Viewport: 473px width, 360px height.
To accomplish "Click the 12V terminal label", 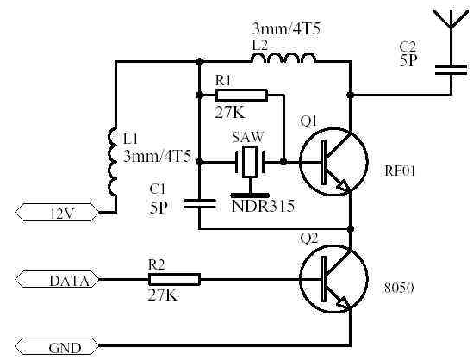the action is pyautogui.click(x=58, y=213).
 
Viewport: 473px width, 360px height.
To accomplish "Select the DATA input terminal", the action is pyautogui.click(x=58, y=280).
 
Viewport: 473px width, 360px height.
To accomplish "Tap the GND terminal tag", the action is pyautogui.click(x=58, y=347).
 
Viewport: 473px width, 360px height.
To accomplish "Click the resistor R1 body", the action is pyautogui.click(x=241, y=95).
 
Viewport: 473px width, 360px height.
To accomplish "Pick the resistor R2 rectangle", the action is pyautogui.click(x=174, y=280).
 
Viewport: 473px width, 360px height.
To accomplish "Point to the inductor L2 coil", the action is pyautogui.click(x=283, y=58).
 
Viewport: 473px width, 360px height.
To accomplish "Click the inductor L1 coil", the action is pyautogui.click(x=112, y=162).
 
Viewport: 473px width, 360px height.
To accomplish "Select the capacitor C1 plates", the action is pyautogui.click(x=199, y=204).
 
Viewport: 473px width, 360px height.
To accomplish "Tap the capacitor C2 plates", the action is pyautogui.click(x=451, y=70).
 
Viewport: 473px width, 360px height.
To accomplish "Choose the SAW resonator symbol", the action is pyautogui.click(x=250, y=169).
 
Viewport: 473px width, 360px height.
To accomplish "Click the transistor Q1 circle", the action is pyautogui.click(x=333, y=162).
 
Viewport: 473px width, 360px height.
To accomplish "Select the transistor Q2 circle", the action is pyautogui.click(x=333, y=280).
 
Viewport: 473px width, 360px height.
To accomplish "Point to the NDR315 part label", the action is pyautogui.click(x=263, y=206).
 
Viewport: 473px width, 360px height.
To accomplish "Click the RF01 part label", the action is pyautogui.click(x=400, y=171).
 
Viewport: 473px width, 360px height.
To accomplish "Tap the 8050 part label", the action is pyautogui.click(x=399, y=289).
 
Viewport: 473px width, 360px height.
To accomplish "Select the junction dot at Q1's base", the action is pyautogui.click(x=283, y=162).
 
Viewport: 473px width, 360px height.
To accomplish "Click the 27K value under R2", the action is pyautogui.click(x=163, y=295).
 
